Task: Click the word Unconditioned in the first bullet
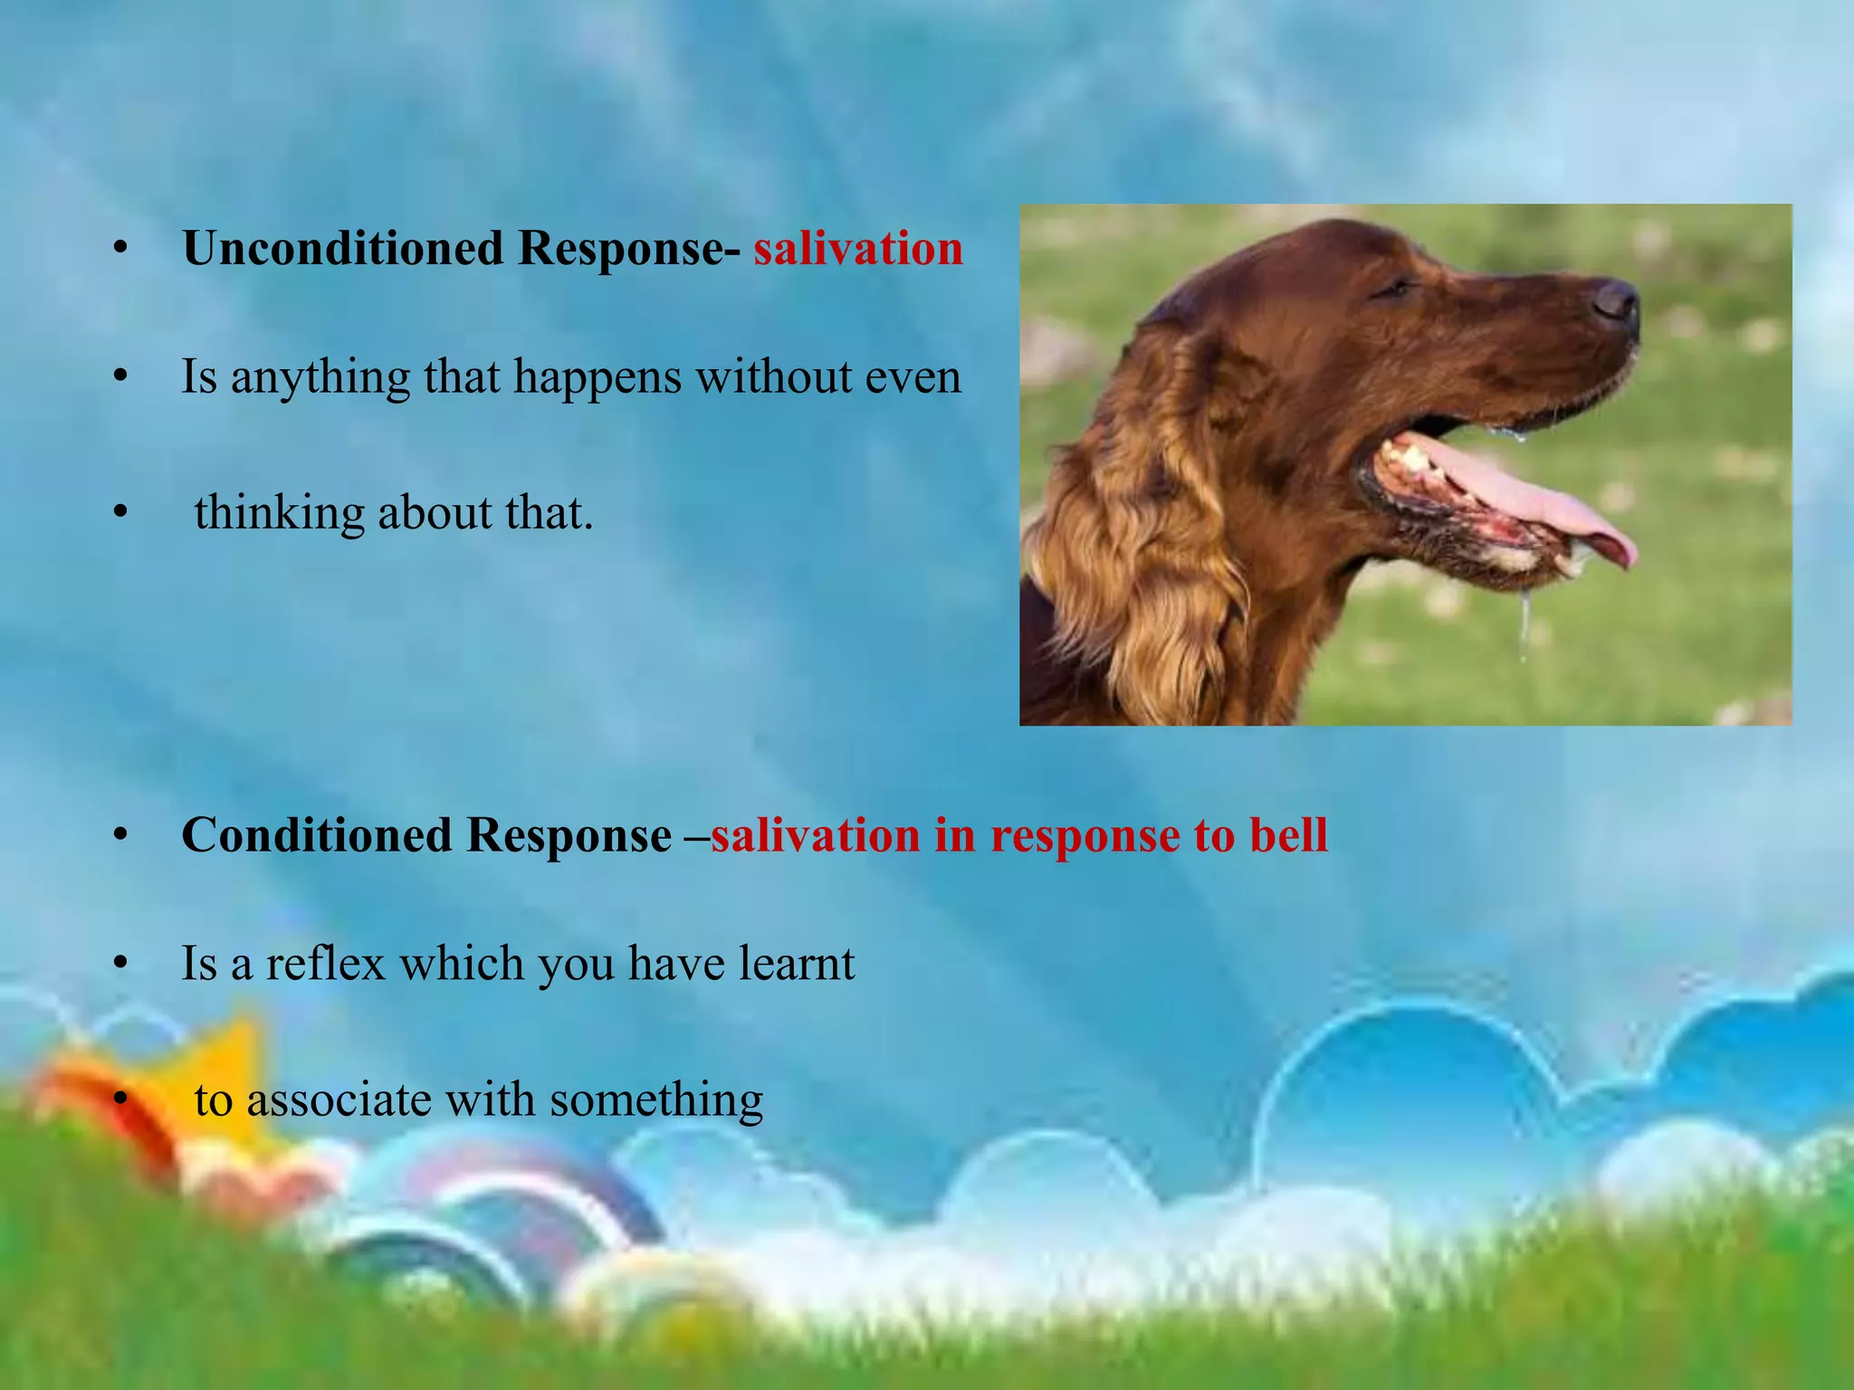342,248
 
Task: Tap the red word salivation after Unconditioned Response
857,248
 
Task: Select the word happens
597,377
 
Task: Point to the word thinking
278,513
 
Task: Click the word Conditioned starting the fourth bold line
316,834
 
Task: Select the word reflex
325,963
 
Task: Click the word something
656,1101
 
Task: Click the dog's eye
1395,288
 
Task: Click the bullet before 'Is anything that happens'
120,377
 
